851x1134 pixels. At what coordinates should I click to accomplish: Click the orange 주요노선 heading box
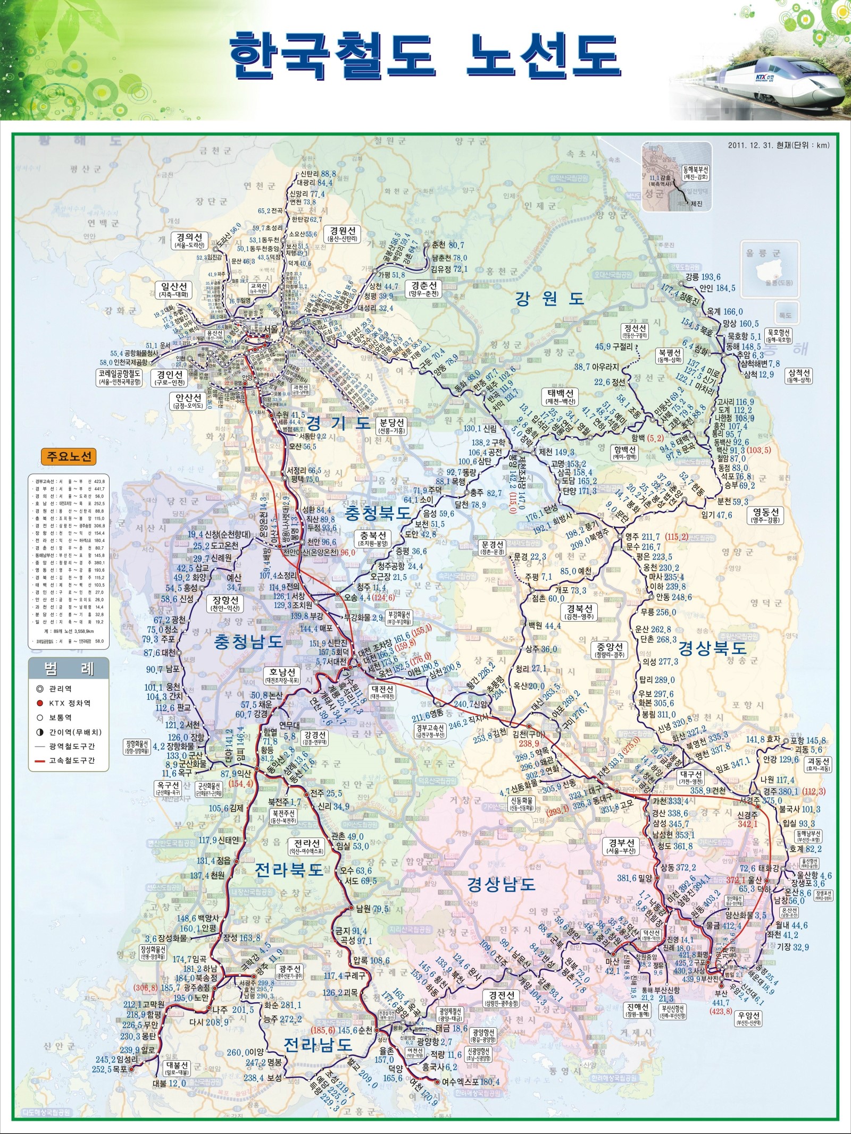[x=69, y=456]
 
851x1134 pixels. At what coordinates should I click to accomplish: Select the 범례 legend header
[x=69, y=669]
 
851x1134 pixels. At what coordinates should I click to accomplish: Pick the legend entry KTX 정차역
[x=70, y=703]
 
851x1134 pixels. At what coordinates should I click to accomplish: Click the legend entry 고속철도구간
[x=72, y=760]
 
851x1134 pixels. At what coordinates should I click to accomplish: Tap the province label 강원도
[x=549, y=298]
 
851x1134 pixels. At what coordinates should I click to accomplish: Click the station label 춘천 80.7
[x=448, y=245]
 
